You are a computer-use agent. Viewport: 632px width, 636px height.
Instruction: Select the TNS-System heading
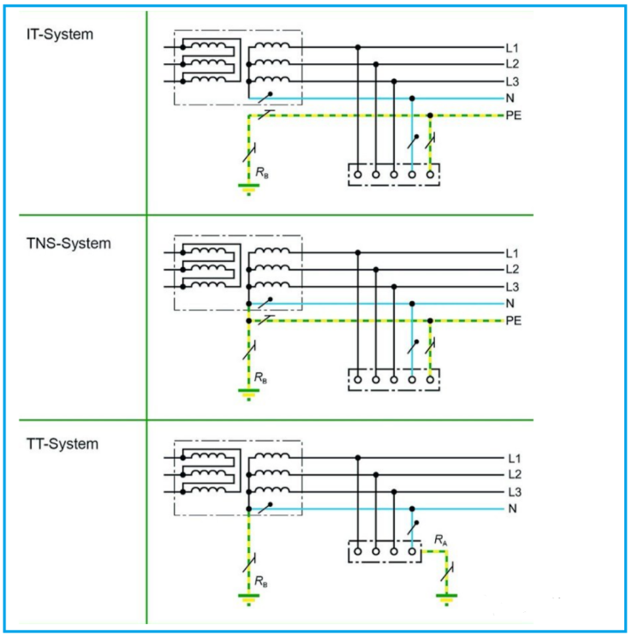(x=69, y=243)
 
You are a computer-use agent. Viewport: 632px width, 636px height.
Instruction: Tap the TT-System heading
(x=62, y=444)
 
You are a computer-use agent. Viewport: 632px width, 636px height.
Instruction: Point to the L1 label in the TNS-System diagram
(x=513, y=253)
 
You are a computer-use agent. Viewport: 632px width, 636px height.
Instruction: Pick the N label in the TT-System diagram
(x=512, y=509)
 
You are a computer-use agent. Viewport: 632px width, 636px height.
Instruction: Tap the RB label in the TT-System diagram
(x=260, y=580)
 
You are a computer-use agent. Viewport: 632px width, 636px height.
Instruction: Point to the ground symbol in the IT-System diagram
(x=248, y=187)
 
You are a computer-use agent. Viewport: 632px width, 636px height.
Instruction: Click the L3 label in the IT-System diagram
(x=513, y=81)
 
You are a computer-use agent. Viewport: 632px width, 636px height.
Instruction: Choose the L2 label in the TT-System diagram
(x=513, y=475)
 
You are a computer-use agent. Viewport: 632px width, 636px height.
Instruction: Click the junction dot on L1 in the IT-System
(x=358, y=47)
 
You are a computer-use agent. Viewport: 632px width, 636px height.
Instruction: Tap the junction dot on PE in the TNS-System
(x=430, y=321)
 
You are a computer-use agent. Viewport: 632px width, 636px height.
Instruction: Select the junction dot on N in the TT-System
(x=412, y=509)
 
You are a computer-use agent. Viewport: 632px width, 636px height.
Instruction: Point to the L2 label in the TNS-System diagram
(x=513, y=270)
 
